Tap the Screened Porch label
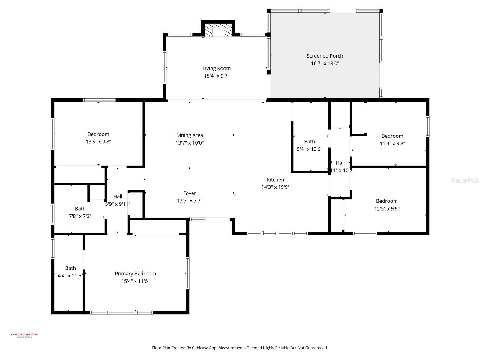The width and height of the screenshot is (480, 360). pyautogui.click(x=325, y=56)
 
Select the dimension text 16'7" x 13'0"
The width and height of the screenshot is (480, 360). pyautogui.click(x=325, y=63)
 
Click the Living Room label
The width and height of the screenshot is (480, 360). pyautogui.click(x=217, y=68)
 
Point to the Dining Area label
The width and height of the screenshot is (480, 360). pyautogui.click(x=190, y=135)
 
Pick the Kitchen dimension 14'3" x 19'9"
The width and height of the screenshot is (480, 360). pyautogui.click(x=275, y=187)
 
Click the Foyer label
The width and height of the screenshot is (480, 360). pyautogui.click(x=190, y=193)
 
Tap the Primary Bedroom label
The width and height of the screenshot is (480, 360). pyautogui.click(x=135, y=274)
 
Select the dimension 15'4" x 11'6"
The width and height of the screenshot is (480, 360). pyautogui.click(x=135, y=281)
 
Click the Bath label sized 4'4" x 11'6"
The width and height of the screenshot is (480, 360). pyautogui.click(x=70, y=268)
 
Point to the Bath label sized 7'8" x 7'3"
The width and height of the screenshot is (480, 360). pyautogui.click(x=80, y=209)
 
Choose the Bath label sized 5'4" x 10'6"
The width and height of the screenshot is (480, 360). pyautogui.click(x=310, y=142)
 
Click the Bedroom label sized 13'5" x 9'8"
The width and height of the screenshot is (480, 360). pyautogui.click(x=98, y=134)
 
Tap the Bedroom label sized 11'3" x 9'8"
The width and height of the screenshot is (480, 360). pyautogui.click(x=392, y=136)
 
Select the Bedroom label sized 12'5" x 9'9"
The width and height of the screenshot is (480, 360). pyautogui.click(x=387, y=201)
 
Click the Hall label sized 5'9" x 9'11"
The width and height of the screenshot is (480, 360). pyautogui.click(x=118, y=197)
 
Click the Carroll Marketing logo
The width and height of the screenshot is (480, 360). pyautogui.click(x=25, y=335)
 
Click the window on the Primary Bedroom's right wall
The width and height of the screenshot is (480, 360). pyautogui.click(x=187, y=273)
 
